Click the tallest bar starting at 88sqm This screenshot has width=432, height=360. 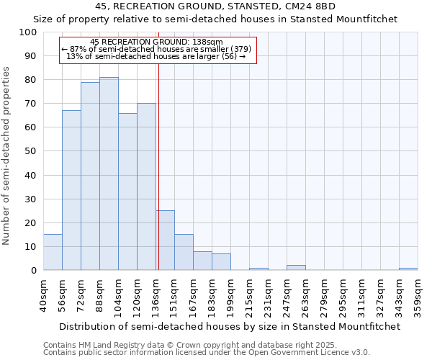pos(109,174)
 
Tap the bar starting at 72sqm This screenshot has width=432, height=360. pos(90,176)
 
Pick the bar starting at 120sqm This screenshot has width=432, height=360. pos(146,186)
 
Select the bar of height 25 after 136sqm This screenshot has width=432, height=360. pos(165,240)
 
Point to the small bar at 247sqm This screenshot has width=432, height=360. pos(296,268)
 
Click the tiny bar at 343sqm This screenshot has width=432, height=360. pos(408,269)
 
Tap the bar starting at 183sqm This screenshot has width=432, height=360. pos(221,262)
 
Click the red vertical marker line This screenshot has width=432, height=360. pos(158,180)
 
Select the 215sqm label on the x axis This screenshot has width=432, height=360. pos(249,296)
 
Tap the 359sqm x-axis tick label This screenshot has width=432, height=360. pos(418,296)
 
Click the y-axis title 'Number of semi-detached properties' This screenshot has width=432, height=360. pos(6,156)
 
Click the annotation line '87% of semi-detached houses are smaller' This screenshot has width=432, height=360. pos(157,49)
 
